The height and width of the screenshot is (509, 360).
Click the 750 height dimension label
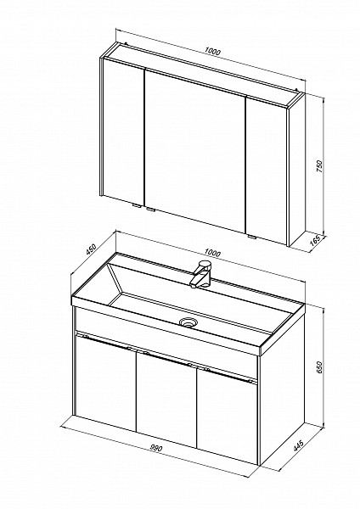click(319, 166)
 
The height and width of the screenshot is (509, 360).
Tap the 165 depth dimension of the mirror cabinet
click(316, 240)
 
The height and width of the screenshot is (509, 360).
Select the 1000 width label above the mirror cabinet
click(213, 51)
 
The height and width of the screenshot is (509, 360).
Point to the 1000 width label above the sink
click(212, 253)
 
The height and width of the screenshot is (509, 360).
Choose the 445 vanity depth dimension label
click(298, 445)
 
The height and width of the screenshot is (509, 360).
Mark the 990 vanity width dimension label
click(156, 448)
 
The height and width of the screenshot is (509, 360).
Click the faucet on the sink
click(200, 274)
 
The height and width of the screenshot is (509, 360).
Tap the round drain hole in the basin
click(188, 322)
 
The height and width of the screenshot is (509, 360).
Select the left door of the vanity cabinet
click(105, 383)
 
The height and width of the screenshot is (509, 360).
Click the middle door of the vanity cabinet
click(166, 400)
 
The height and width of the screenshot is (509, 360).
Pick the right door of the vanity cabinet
click(228, 417)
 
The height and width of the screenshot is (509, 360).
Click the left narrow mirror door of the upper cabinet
click(123, 133)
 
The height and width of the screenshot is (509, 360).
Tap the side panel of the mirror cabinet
click(297, 169)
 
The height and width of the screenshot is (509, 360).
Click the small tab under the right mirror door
click(251, 237)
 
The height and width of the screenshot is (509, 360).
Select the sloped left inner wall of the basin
click(115, 282)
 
